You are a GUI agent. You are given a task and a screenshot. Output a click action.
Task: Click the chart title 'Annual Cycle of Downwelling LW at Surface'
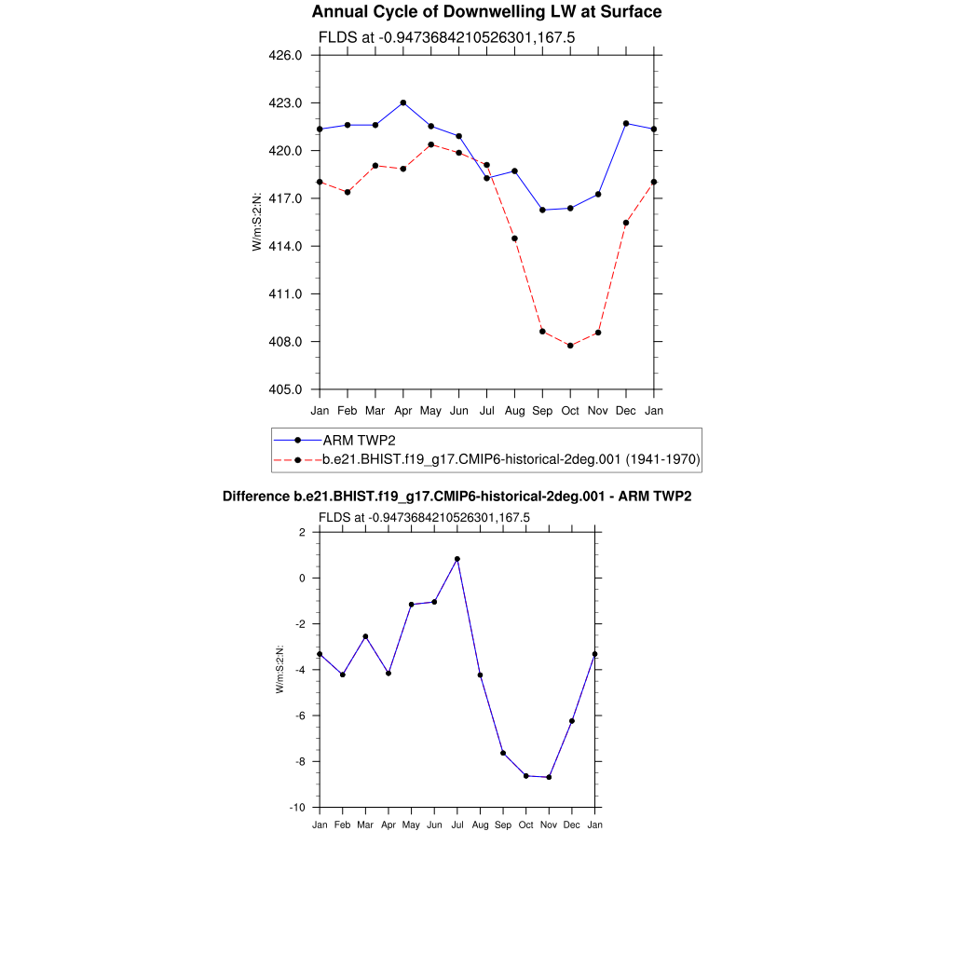[486, 12]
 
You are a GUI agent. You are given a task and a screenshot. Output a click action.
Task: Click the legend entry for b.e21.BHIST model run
[511, 459]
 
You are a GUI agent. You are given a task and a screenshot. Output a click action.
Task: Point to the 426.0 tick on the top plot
[285, 55]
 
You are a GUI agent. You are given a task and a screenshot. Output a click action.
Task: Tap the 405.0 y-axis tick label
[285, 389]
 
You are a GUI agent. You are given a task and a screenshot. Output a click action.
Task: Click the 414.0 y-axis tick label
[285, 246]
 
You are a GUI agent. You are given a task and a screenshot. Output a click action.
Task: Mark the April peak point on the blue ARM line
[402, 102]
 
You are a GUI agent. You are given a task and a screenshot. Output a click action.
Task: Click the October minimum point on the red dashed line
[570, 346]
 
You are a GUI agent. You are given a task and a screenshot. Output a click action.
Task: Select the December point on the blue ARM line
[626, 123]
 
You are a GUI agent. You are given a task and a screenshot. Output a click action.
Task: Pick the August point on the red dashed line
[514, 238]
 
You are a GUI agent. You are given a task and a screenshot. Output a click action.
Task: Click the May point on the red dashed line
[430, 144]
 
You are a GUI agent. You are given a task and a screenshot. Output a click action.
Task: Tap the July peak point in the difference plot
[457, 559]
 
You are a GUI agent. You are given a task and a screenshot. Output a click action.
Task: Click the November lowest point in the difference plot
[549, 777]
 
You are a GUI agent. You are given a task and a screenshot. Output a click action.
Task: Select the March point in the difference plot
[365, 636]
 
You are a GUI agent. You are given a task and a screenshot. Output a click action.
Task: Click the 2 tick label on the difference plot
[302, 532]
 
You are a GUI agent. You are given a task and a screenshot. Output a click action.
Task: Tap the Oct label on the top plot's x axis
[570, 411]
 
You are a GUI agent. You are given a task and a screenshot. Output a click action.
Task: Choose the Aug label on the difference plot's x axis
[480, 825]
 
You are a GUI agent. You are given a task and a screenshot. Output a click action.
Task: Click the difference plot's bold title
[457, 497]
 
